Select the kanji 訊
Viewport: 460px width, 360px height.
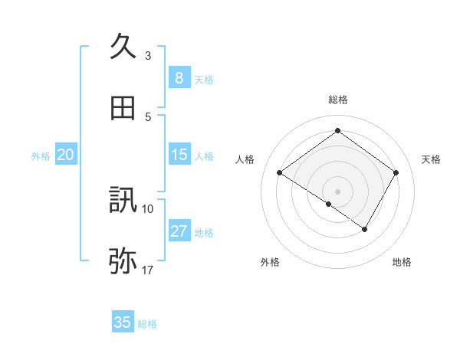[x=123, y=201]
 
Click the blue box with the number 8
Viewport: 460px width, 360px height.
[x=179, y=78]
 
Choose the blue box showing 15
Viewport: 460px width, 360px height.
[x=179, y=155]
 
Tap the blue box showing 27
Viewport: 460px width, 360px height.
[x=179, y=231]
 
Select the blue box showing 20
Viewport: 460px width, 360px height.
[x=65, y=155]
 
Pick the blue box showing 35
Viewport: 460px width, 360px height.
[x=123, y=322]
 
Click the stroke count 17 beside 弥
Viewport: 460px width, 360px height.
[x=148, y=270]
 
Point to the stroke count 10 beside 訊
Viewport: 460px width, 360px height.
[x=148, y=208]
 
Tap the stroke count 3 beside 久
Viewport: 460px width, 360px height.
[x=148, y=55]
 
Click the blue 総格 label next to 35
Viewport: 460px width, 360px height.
[x=147, y=324]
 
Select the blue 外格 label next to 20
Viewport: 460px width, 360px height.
[x=41, y=156]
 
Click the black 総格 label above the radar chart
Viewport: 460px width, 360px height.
[x=337, y=100]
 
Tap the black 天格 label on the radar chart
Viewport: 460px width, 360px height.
[x=431, y=159]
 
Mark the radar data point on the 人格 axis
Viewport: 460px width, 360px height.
[x=280, y=173]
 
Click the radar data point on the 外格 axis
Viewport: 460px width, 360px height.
[x=329, y=204]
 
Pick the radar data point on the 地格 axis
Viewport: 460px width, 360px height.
[x=365, y=229]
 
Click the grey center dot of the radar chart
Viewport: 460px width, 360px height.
[x=337, y=191]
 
